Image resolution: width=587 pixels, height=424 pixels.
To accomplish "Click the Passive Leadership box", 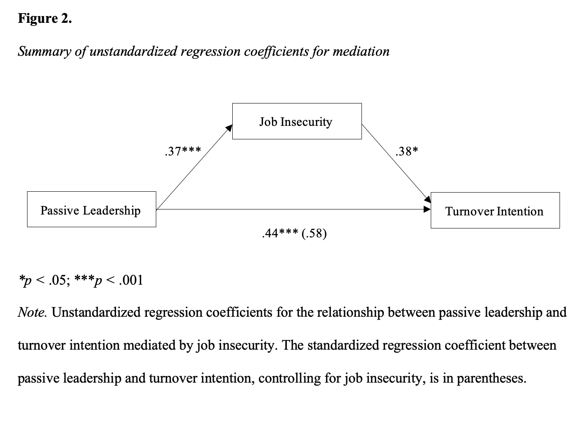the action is point(92,209).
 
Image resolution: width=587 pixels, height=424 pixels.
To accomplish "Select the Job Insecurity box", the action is point(297,121).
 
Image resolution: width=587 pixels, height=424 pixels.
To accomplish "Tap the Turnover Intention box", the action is point(495,210).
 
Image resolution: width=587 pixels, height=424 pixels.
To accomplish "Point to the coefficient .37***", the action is point(183,152).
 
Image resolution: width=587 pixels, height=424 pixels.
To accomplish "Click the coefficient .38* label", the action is point(407,152).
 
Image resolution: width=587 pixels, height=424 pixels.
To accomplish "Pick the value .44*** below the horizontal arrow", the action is point(280,233).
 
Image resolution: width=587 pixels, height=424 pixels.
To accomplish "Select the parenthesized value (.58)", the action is point(314,234).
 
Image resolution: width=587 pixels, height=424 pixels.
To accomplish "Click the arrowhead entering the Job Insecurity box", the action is point(229,128).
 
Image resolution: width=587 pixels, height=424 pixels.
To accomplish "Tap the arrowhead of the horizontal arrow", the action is point(427,209).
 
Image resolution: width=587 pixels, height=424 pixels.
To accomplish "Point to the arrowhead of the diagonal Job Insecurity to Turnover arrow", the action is point(428,199).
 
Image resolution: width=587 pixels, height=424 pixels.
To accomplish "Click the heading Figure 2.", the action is point(45,19).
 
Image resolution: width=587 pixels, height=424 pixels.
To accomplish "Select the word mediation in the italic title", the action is point(361,52).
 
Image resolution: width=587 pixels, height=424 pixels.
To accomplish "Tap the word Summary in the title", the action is point(44,52).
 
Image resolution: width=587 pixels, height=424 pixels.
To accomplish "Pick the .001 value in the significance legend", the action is point(131,280).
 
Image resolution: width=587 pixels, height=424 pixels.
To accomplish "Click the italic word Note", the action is point(32,312).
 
